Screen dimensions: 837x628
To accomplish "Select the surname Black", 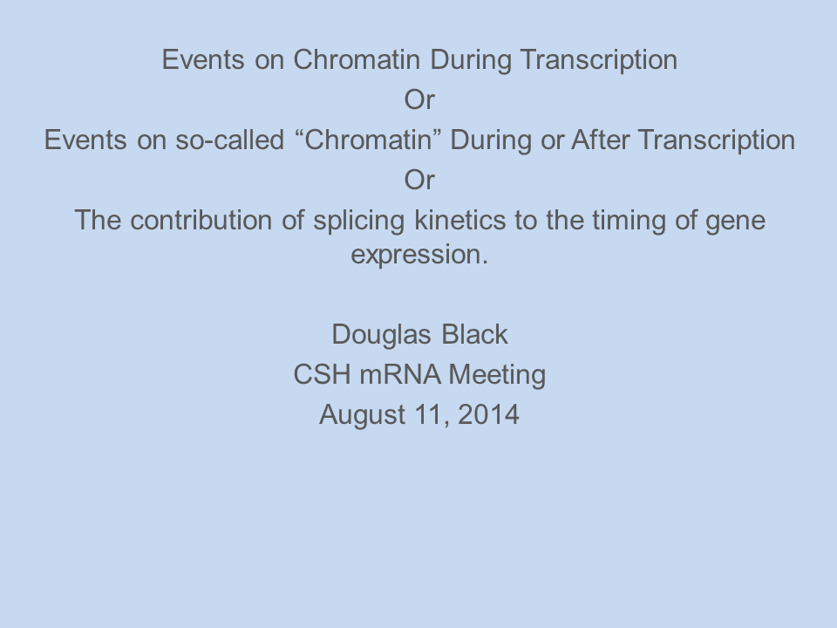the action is (x=474, y=335).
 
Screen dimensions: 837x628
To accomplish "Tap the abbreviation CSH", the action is (x=322, y=374).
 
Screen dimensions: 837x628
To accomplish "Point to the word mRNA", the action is (x=400, y=374).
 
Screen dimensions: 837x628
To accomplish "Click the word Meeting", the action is (x=497, y=376).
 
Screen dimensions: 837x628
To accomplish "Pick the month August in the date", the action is (x=362, y=416).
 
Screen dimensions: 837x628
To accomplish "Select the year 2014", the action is (x=488, y=414).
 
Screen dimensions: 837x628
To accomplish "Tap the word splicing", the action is (x=358, y=222).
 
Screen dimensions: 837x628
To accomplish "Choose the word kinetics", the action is (x=459, y=220).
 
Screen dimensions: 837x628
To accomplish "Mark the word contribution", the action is (x=201, y=220).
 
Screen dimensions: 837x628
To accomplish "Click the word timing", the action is (x=629, y=222).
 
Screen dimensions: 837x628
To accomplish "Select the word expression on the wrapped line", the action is (x=419, y=256).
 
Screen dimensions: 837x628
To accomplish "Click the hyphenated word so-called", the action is (x=229, y=140).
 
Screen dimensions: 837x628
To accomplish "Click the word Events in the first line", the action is (x=203, y=60).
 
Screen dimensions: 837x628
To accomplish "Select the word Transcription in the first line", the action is (x=598, y=61).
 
